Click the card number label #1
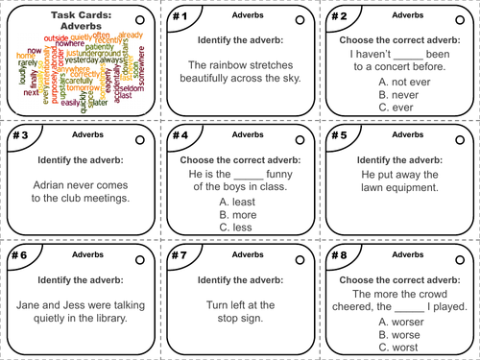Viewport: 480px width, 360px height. pos(178,17)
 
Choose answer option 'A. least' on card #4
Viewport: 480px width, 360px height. pos(238,201)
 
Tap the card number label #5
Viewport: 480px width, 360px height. pos(338,135)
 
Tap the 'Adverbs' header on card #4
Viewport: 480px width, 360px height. pos(240,135)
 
